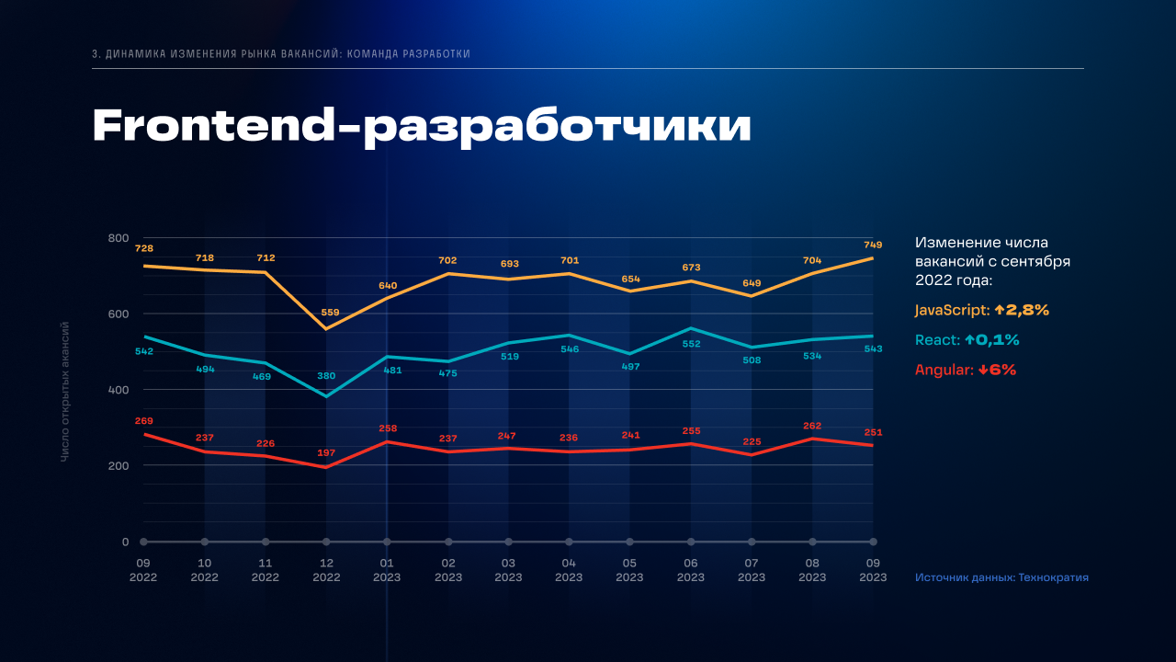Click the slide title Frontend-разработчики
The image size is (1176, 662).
pyautogui.click(x=422, y=127)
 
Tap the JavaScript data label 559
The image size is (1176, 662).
pyautogui.click(x=326, y=312)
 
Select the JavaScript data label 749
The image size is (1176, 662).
pyautogui.click(x=873, y=245)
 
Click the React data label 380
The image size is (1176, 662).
pyautogui.click(x=326, y=376)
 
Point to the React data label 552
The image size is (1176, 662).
pyautogui.click(x=691, y=344)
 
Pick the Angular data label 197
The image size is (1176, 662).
pyautogui.click(x=326, y=452)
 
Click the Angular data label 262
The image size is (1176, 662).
pyautogui.click(x=812, y=426)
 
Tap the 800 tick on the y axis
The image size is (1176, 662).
pyautogui.click(x=119, y=238)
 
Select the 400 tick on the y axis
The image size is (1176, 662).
pyautogui.click(x=119, y=390)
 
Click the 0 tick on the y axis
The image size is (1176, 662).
pyautogui.click(x=126, y=542)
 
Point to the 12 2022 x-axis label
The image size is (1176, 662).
pyautogui.click(x=326, y=570)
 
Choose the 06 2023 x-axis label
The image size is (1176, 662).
pyautogui.click(x=691, y=570)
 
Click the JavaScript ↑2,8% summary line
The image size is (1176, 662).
pyautogui.click(x=982, y=311)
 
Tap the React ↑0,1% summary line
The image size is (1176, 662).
pyautogui.click(x=967, y=340)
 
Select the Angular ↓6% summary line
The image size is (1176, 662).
pyautogui.click(x=966, y=370)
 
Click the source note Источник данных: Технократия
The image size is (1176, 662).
pyautogui.click(x=1001, y=577)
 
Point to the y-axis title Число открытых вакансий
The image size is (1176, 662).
pyautogui.click(x=65, y=392)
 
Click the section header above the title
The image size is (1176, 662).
pyautogui.click(x=281, y=54)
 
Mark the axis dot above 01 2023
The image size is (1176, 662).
pyautogui.click(x=387, y=542)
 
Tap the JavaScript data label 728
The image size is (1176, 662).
pyautogui.click(x=144, y=248)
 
